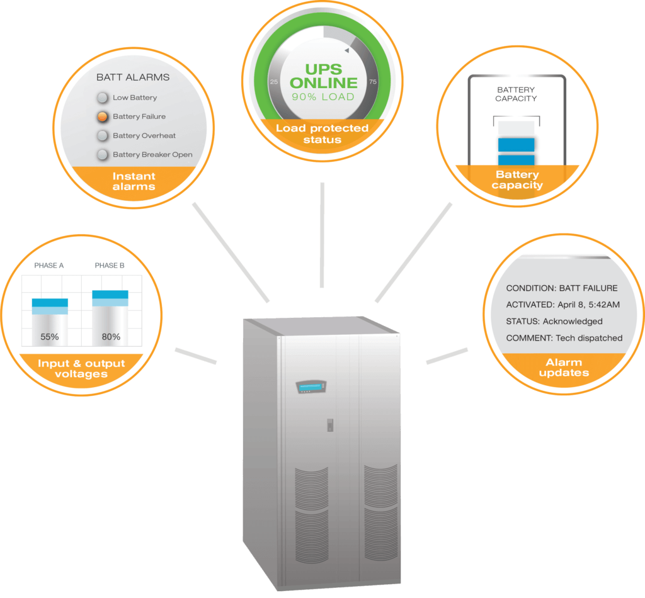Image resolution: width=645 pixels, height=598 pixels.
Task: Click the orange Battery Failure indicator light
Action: coord(102,116)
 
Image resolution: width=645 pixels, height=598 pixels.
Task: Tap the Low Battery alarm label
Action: coord(135,98)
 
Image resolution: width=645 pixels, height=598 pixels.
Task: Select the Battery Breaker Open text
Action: coord(152,154)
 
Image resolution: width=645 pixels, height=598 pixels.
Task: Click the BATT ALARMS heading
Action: coord(133,77)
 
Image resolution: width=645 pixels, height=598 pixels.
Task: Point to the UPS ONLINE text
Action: coord(322,76)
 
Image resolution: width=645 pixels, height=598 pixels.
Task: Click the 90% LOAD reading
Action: coord(322,97)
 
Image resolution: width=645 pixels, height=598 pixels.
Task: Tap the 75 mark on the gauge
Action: coord(372,82)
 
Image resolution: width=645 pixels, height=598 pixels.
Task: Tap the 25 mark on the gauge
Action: coord(273,82)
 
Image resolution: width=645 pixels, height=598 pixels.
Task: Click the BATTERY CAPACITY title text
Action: coord(516,94)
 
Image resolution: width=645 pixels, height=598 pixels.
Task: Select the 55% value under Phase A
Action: coord(50,337)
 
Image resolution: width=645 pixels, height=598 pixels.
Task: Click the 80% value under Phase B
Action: coord(111,337)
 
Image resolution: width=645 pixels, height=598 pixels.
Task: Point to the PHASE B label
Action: coord(110,266)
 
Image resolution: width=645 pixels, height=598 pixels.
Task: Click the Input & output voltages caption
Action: coord(81,369)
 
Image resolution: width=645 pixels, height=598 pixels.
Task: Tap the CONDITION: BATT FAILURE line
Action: coord(562,288)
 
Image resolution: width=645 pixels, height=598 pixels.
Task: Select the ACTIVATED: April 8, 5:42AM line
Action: coord(563,305)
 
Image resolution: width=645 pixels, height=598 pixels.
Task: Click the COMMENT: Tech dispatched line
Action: coord(564,338)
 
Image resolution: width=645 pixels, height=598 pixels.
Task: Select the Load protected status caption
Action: coord(322,133)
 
